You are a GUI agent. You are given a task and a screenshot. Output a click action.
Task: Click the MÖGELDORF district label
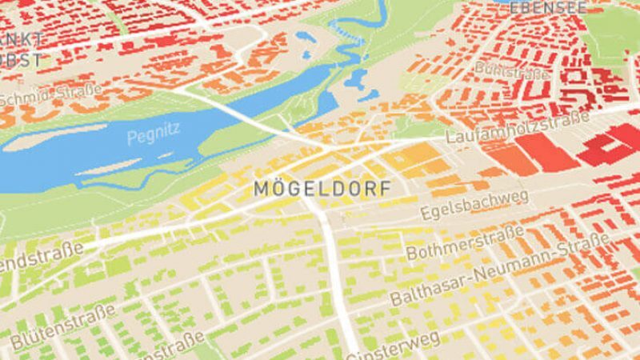[322, 189]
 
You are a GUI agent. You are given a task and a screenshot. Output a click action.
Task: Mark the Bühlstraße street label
[512, 70]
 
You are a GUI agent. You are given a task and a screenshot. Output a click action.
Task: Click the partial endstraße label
[40, 259]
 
